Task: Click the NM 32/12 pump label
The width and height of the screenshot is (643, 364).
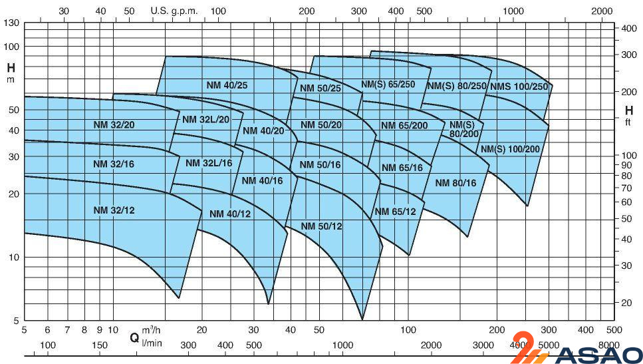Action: click(114, 210)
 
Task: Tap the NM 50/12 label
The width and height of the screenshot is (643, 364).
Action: click(321, 226)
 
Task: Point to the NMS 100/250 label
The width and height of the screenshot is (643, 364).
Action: click(519, 87)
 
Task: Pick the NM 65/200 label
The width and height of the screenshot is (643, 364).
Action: click(404, 125)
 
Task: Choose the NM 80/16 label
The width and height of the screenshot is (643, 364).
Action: click(456, 182)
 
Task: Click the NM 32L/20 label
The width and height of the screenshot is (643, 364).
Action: click(205, 119)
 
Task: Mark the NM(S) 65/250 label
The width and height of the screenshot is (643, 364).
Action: click(388, 85)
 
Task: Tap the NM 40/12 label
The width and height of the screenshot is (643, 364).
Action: click(230, 214)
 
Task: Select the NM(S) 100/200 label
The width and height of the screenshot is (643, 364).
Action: click(510, 148)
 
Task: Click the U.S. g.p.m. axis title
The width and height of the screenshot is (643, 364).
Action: click(174, 11)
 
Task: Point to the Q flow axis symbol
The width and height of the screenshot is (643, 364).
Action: click(134, 337)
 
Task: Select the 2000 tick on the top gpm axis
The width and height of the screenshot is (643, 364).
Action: click(601, 11)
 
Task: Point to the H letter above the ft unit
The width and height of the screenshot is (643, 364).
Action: click(628, 110)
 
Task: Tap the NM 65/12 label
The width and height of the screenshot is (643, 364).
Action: click(395, 212)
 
